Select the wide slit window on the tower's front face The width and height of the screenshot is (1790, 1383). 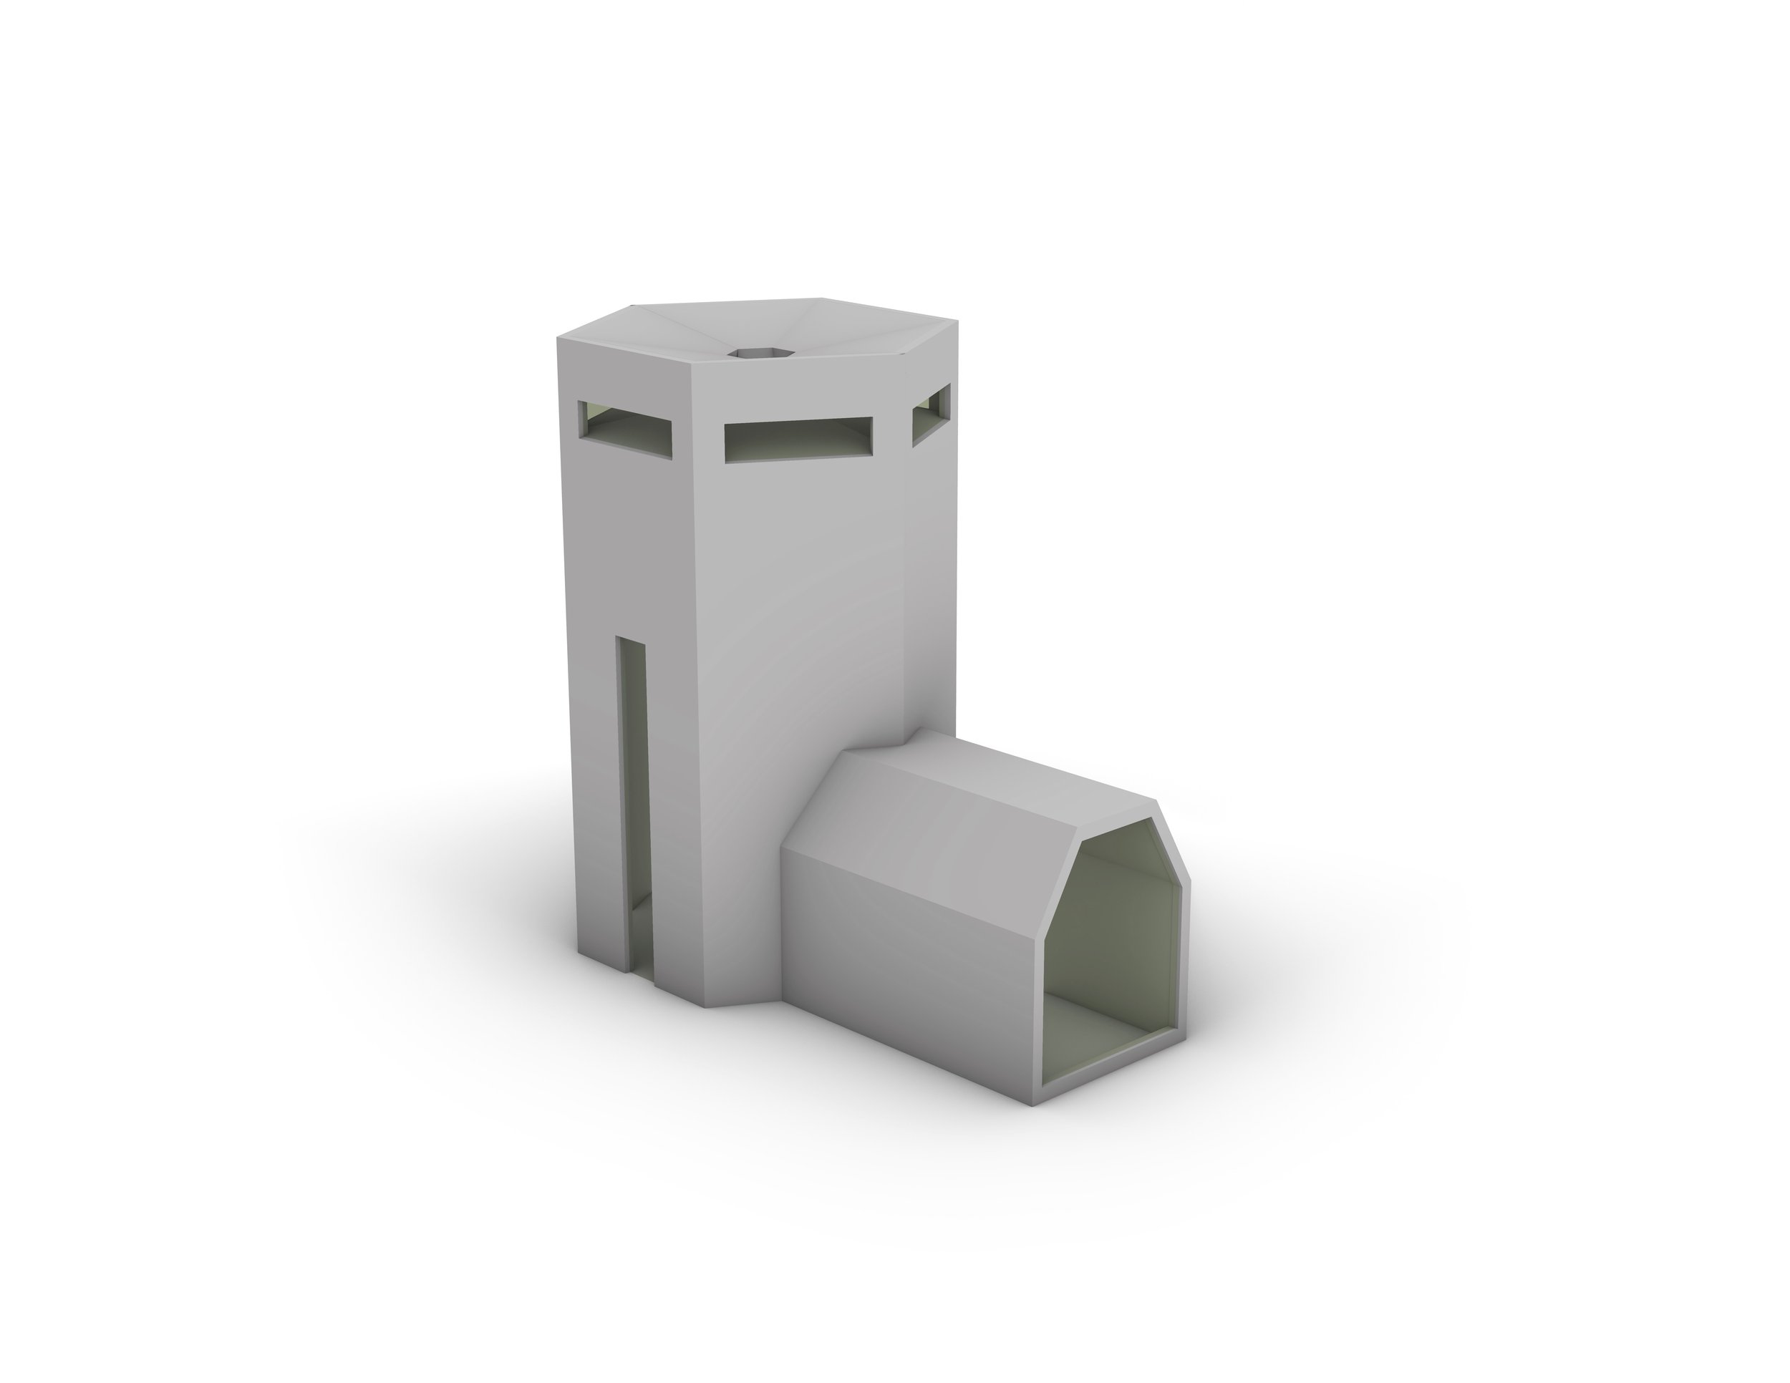click(798, 438)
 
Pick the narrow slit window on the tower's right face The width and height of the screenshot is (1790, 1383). click(932, 414)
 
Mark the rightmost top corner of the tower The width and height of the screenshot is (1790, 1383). click(957, 322)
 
